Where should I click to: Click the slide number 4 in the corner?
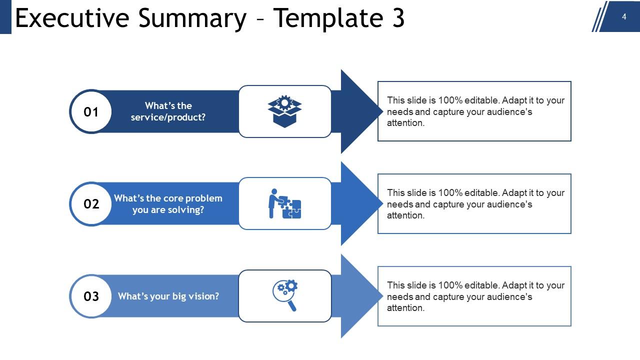(624, 16)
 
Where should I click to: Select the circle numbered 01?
(91, 111)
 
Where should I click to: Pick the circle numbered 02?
(91, 204)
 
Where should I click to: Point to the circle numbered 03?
(91, 296)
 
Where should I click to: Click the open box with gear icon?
(284, 111)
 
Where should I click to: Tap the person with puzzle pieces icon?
(284, 203)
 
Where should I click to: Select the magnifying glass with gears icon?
(285, 295)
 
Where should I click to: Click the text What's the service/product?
(168, 111)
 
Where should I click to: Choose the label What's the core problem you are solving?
(168, 204)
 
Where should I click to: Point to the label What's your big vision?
(168, 296)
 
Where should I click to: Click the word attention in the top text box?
(405, 123)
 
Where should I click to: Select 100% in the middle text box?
(450, 193)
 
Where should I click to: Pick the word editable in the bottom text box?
(482, 285)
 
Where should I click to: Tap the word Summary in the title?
(192, 18)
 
